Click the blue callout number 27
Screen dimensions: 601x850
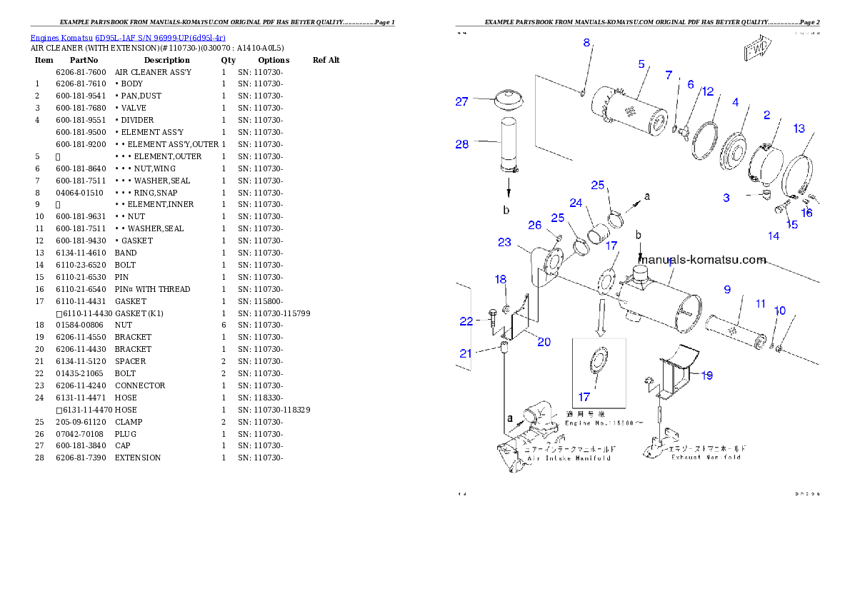click(x=462, y=101)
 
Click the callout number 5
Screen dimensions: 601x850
click(x=641, y=64)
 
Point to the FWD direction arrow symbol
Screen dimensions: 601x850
click(x=756, y=51)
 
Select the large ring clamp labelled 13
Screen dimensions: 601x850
click(x=799, y=171)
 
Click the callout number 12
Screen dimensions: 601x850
click(x=707, y=91)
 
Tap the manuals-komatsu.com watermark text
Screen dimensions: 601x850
click(x=703, y=260)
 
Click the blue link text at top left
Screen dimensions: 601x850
click(x=128, y=37)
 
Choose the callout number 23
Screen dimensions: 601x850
click(x=504, y=242)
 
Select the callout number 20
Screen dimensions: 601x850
click(x=544, y=342)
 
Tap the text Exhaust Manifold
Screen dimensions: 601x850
click(x=706, y=457)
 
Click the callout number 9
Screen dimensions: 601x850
click(x=727, y=289)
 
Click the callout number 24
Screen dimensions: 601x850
click(x=576, y=203)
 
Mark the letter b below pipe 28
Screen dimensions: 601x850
click(x=506, y=210)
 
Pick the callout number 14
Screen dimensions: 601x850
click(x=774, y=236)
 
